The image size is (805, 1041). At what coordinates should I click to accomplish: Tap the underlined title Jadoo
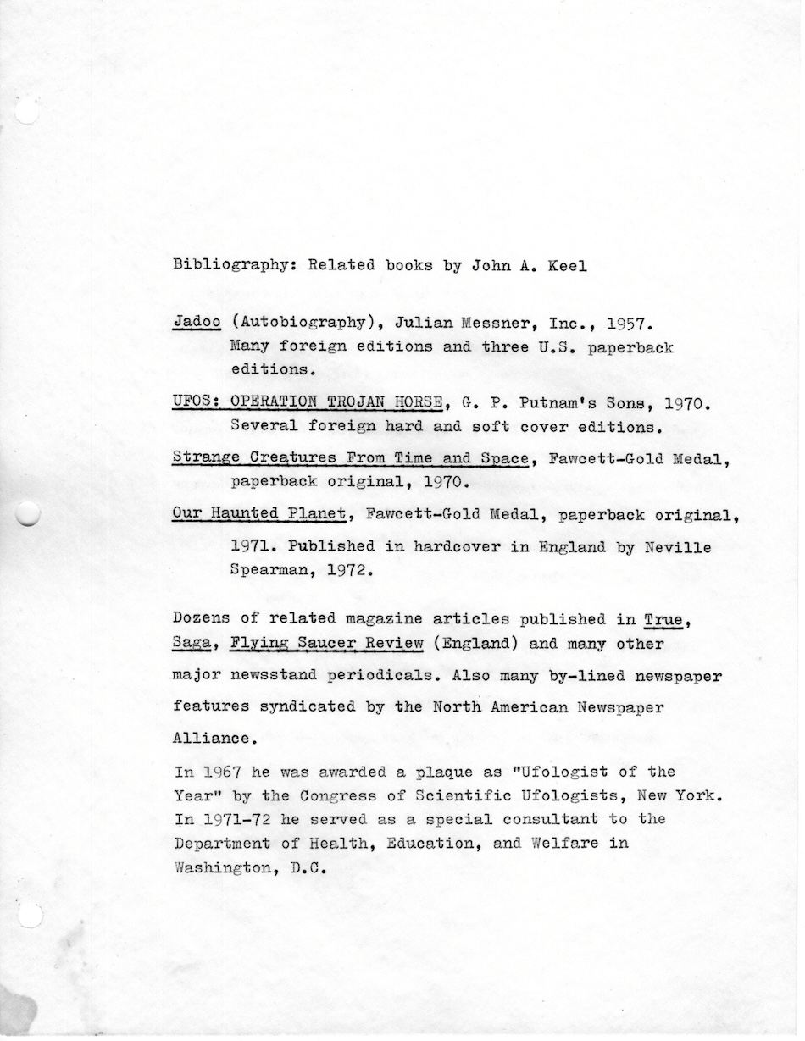click(x=197, y=323)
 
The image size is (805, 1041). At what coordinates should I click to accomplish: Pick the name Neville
click(x=677, y=547)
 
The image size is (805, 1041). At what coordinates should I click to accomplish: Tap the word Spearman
click(x=268, y=571)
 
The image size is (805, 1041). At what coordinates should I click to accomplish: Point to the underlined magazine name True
click(x=663, y=618)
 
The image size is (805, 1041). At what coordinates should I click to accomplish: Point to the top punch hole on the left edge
click(x=26, y=111)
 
